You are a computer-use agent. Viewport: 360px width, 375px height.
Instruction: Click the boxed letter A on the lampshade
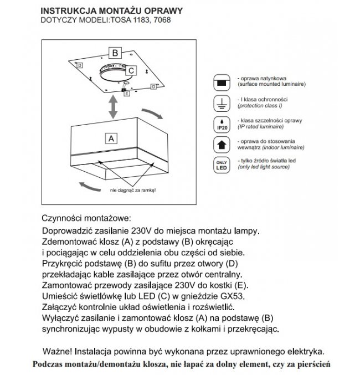click(111, 137)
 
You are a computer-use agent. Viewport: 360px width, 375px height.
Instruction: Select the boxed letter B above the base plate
click(115, 53)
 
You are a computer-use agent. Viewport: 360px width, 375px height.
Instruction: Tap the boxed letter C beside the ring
click(131, 70)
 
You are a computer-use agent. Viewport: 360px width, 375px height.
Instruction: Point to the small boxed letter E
click(127, 94)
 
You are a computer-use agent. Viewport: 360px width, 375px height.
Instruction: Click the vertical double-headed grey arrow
click(112, 107)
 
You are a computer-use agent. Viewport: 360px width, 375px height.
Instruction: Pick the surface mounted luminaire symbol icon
click(222, 83)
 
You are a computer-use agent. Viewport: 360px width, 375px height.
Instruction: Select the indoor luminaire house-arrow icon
click(222, 144)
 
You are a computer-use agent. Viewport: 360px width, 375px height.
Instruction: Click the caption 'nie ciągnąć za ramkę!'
click(132, 191)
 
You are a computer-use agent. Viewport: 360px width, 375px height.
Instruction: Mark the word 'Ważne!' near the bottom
click(57, 351)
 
